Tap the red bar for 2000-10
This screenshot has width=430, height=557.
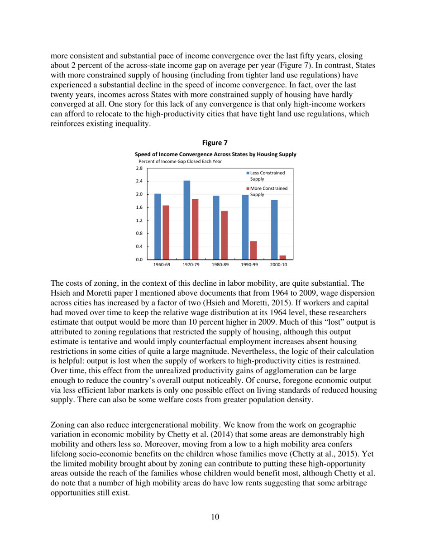pyautogui.click(x=282, y=257)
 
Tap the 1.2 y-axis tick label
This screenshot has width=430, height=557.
pyautogui.click(x=140, y=221)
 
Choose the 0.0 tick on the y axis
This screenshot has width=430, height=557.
pyautogui.click(x=140, y=259)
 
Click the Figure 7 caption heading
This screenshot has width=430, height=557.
pyautogui.click(x=215, y=143)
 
